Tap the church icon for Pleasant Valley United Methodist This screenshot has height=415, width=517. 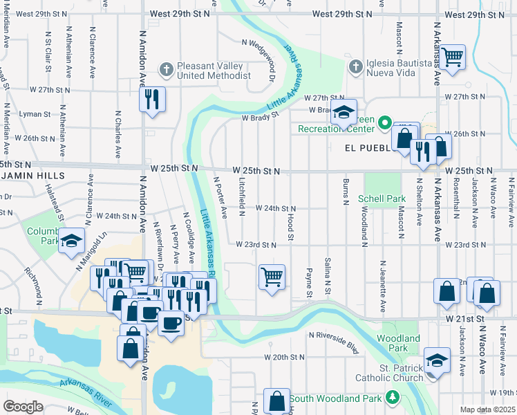(165, 69)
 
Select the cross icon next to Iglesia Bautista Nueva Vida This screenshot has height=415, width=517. (355, 67)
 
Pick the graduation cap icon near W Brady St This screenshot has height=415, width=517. (343, 113)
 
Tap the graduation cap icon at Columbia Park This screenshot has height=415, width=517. (71, 241)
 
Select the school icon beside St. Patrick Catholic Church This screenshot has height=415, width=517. (437, 360)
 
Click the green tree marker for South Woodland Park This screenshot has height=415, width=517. (393, 398)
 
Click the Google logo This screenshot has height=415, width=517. (23, 407)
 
